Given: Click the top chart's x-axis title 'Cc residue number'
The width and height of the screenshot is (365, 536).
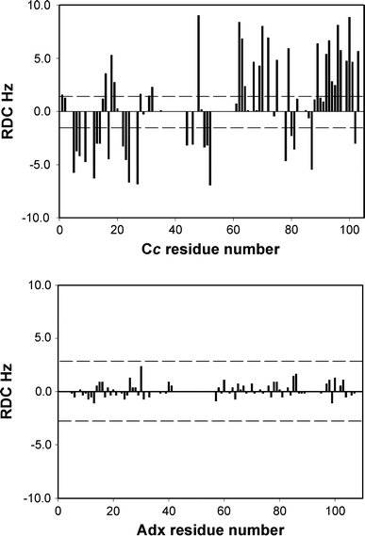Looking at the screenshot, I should pos(209,250).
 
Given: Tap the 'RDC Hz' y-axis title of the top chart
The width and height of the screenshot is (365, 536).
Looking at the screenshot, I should pos(12,111).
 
